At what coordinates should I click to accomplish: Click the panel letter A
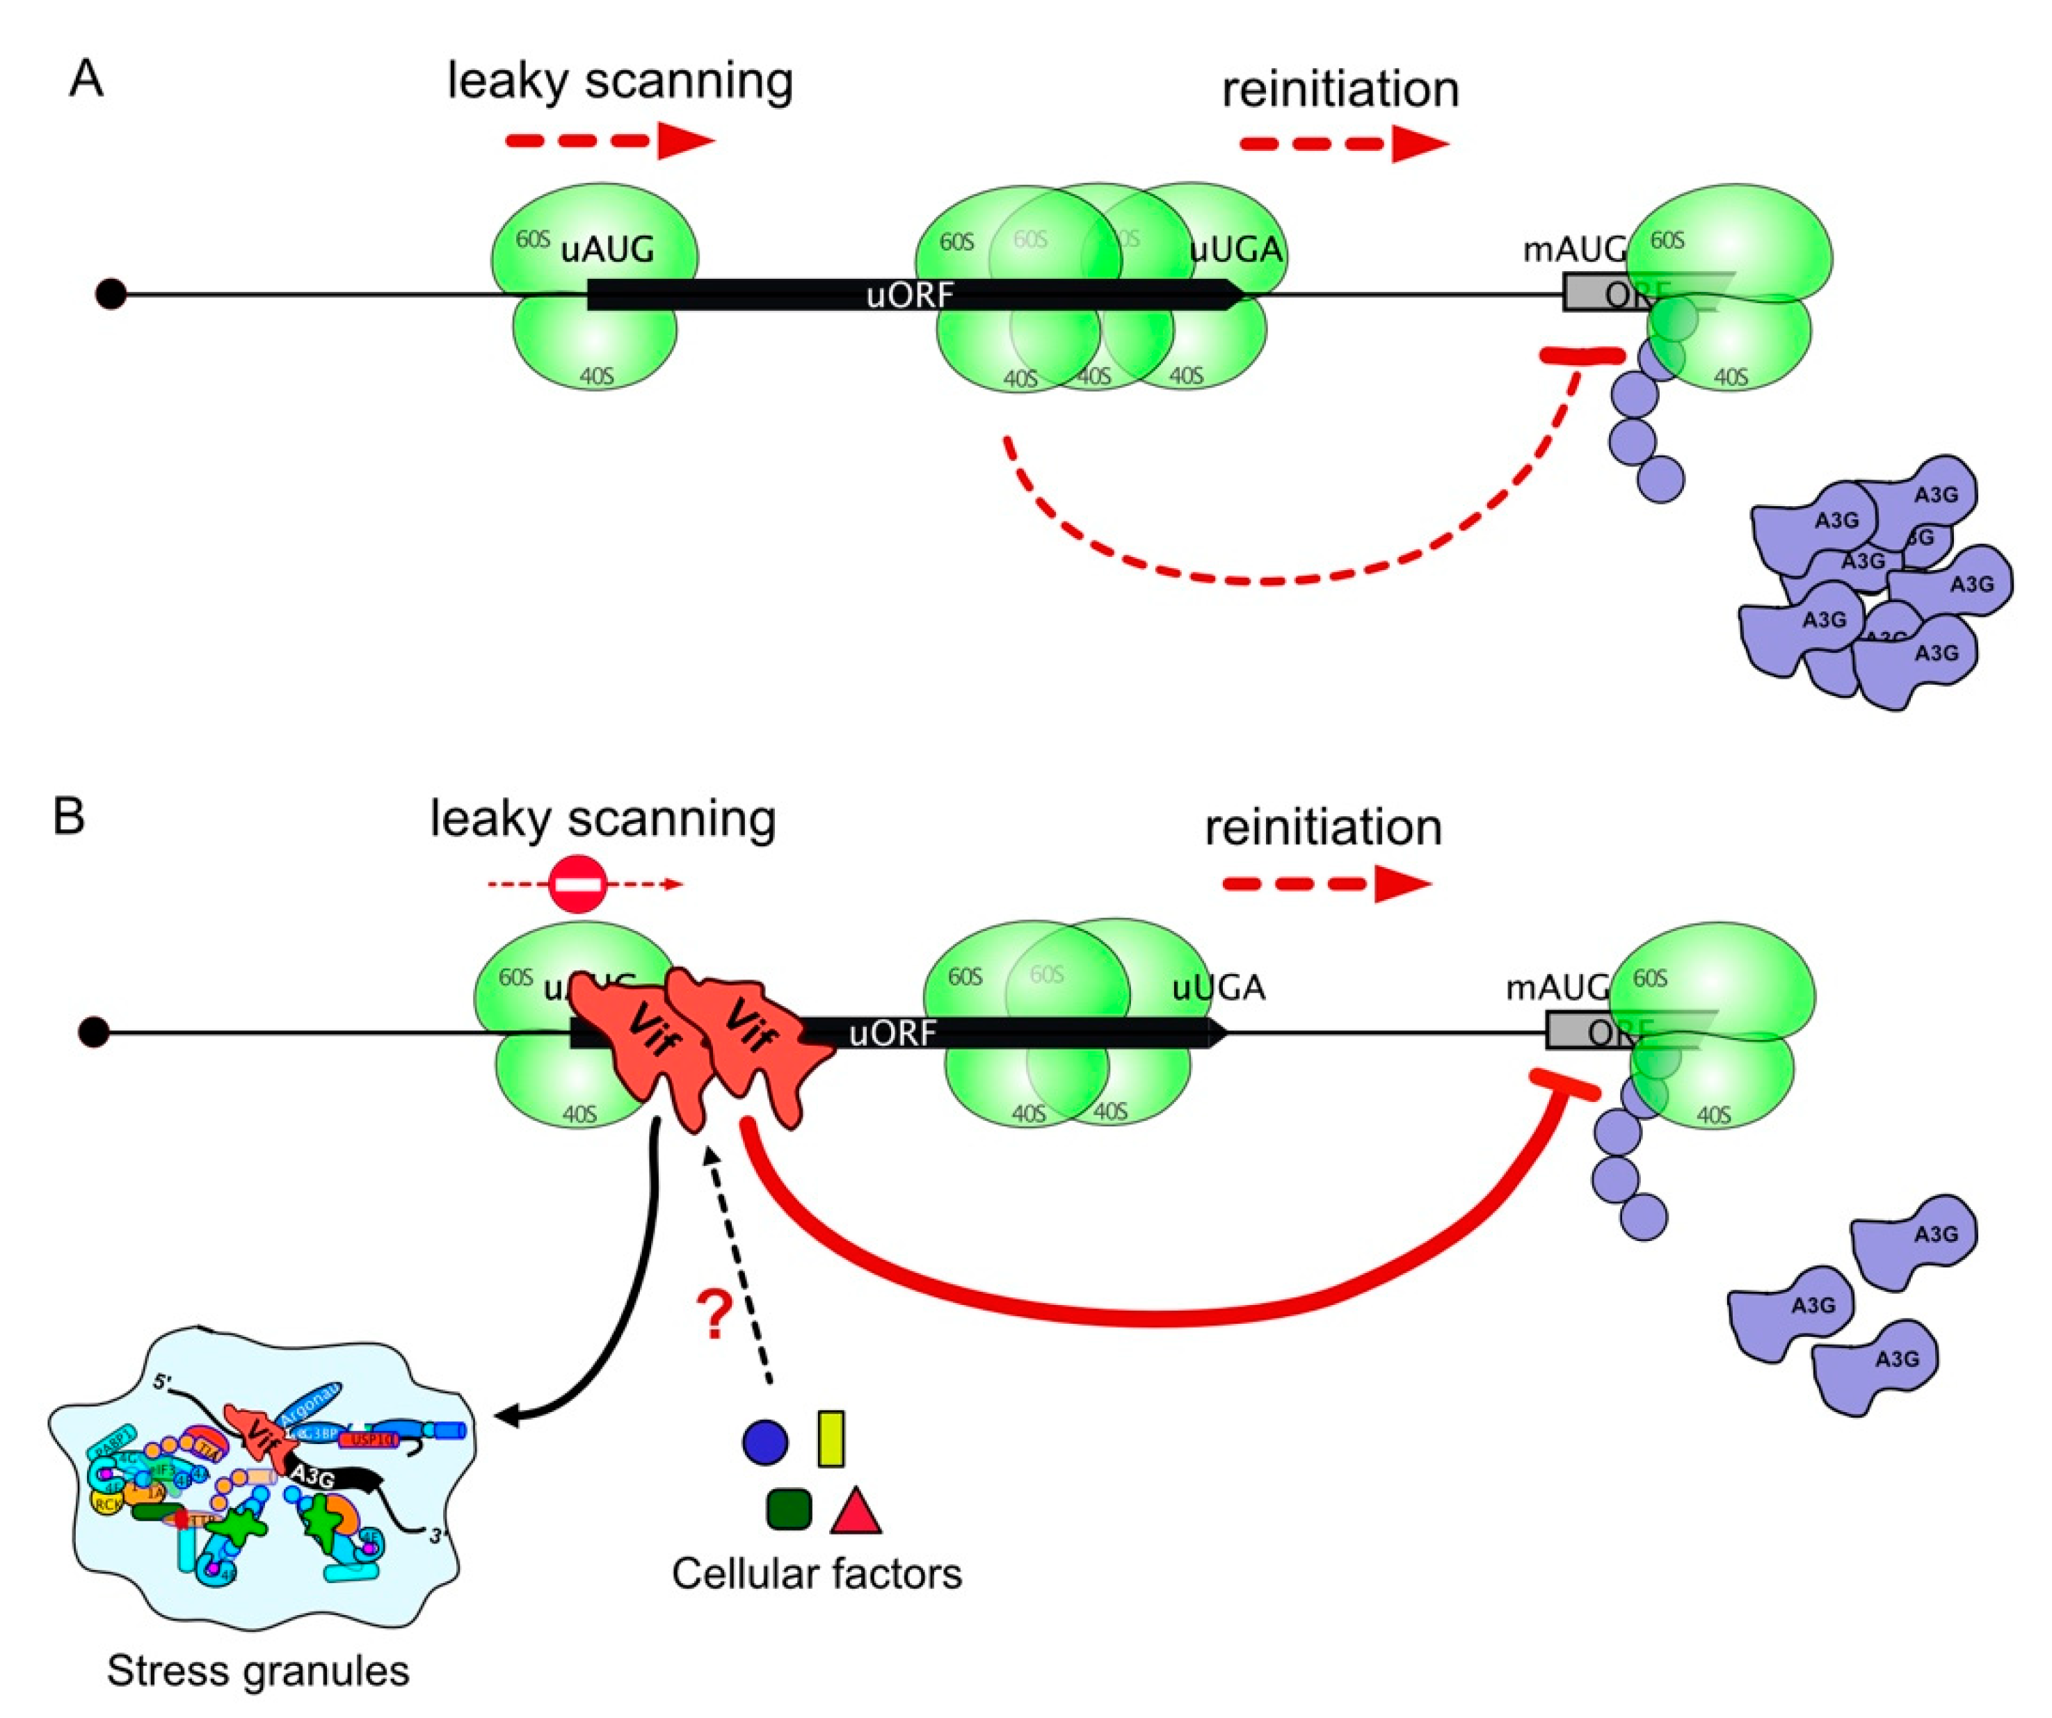click(x=86, y=78)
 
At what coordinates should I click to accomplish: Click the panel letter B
click(x=68, y=816)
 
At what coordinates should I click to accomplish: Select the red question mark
click(x=714, y=1315)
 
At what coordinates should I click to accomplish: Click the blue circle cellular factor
click(x=765, y=1441)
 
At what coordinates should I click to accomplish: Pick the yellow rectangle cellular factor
click(x=831, y=1438)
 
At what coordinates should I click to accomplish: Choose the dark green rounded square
click(x=789, y=1509)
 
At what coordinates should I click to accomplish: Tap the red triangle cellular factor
click(x=856, y=1513)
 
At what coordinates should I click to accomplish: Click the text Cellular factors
click(x=816, y=1573)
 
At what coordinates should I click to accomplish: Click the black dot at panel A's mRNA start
click(x=111, y=293)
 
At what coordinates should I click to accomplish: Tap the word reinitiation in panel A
click(x=1340, y=90)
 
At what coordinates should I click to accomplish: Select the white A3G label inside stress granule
click(x=314, y=1477)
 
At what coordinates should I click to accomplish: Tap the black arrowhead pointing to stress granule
click(x=508, y=1417)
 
